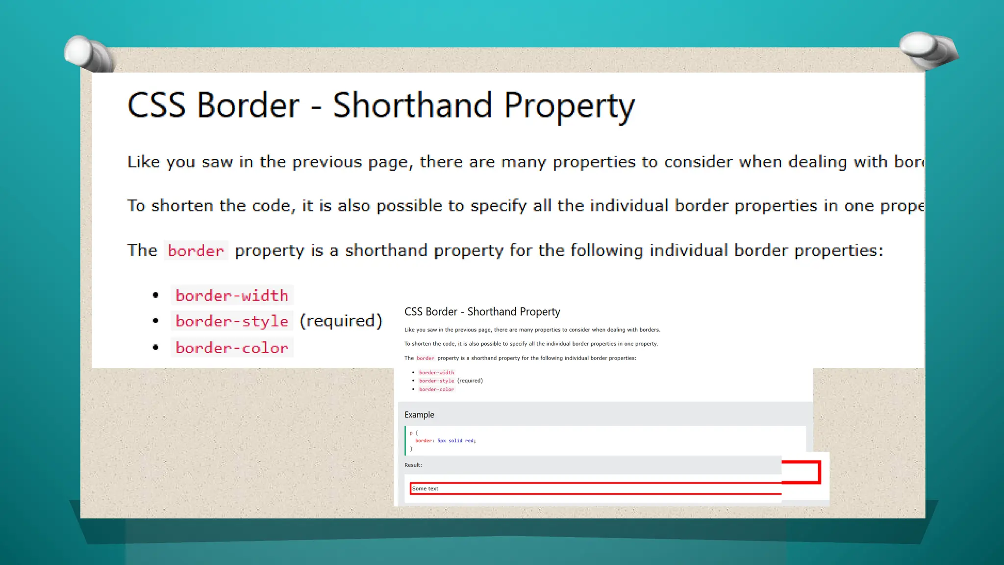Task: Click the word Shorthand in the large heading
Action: pyautogui.click(x=412, y=105)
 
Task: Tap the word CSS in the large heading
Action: pyautogui.click(x=156, y=105)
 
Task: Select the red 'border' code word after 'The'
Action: pyautogui.click(x=196, y=251)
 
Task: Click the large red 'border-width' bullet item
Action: pyautogui.click(x=232, y=296)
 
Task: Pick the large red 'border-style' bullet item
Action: pyautogui.click(x=232, y=321)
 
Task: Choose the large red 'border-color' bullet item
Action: pyautogui.click(x=232, y=348)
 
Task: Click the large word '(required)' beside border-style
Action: pyautogui.click(x=341, y=321)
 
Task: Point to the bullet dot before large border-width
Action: pyautogui.click(x=155, y=295)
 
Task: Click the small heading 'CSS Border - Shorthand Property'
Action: pyautogui.click(x=482, y=312)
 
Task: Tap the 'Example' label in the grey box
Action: pyautogui.click(x=419, y=415)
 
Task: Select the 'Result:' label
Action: pyautogui.click(x=413, y=465)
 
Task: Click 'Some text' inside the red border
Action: pyautogui.click(x=425, y=488)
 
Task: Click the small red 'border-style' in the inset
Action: pyautogui.click(x=436, y=381)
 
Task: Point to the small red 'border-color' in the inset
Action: pyautogui.click(x=436, y=389)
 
